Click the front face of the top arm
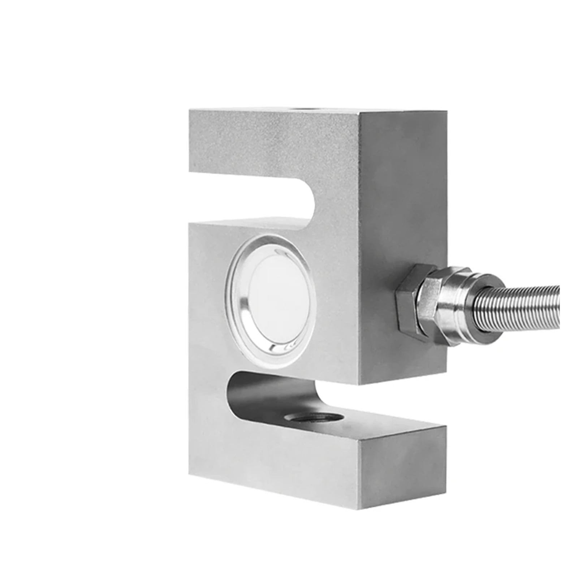click(x=271, y=144)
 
